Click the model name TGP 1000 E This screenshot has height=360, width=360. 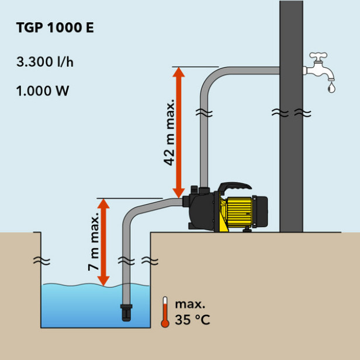point(56,29)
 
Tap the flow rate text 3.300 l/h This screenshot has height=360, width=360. point(45,62)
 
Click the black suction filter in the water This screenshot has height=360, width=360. point(126,312)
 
